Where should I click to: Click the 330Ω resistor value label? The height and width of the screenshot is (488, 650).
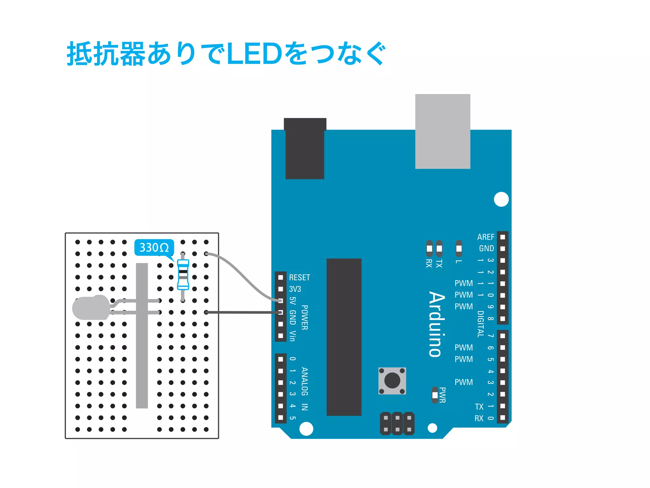tap(154, 247)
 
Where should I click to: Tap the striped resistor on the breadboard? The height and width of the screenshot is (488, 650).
tap(183, 274)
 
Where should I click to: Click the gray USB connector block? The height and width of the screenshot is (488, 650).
tap(442, 131)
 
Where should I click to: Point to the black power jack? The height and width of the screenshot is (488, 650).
tap(305, 148)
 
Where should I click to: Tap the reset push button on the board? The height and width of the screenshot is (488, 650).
tap(392, 381)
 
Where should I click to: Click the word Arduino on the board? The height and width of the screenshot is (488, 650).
tap(437, 324)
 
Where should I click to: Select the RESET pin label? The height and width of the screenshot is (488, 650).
tap(299, 277)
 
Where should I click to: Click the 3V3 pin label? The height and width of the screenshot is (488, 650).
tap(295, 289)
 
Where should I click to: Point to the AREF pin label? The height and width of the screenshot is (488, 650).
tap(486, 237)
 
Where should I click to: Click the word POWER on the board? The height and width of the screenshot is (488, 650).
tap(304, 317)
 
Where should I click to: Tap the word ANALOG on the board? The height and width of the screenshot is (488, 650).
tap(304, 381)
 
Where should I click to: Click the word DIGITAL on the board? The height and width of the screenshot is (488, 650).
tap(481, 324)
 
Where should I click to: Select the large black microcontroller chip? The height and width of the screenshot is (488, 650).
tap(344, 337)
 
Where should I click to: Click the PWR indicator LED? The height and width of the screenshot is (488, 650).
tap(435, 395)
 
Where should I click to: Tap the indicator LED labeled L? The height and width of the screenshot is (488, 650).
tap(459, 248)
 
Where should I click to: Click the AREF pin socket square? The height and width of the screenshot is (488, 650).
tap(502, 237)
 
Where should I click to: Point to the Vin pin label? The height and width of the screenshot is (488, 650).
tap(292, 336)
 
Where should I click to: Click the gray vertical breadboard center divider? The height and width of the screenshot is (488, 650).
tap(142, 335)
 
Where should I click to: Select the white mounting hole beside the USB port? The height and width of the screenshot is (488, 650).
tap(501, 199)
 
